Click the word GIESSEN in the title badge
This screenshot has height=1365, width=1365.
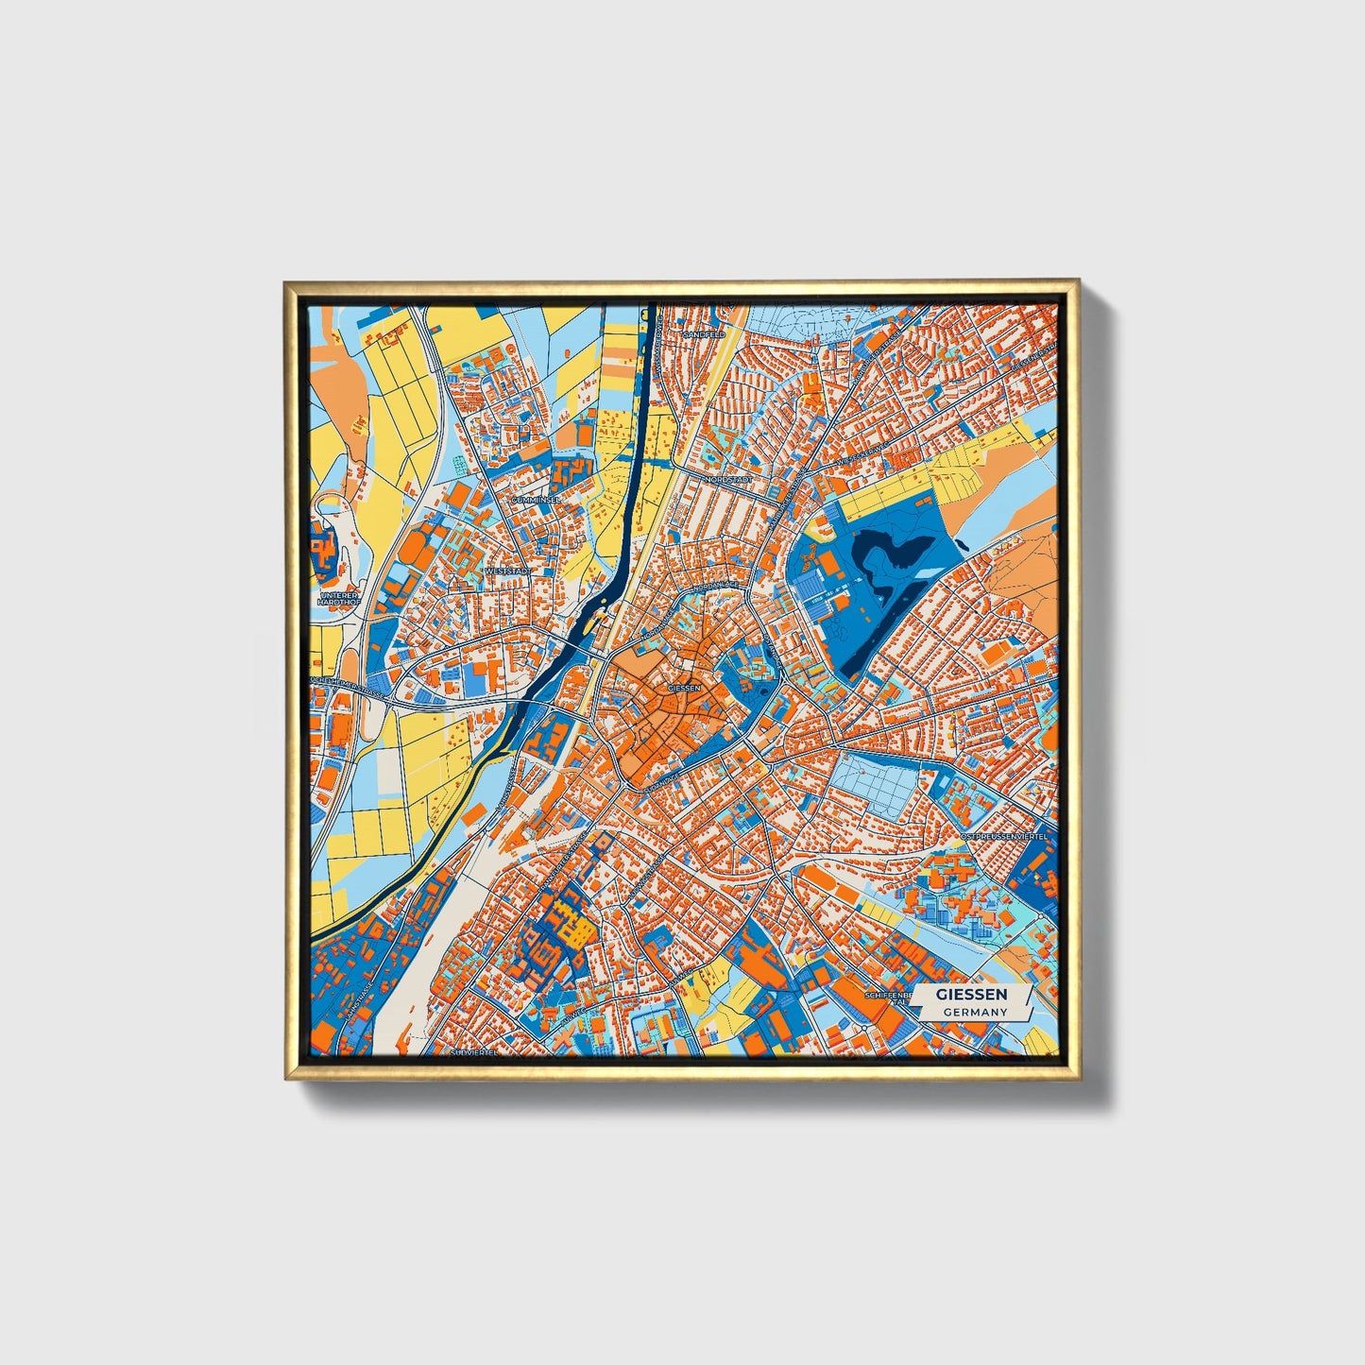(971, 995)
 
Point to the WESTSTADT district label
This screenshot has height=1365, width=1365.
(507, 572)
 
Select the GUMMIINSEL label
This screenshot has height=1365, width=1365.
(535, 499)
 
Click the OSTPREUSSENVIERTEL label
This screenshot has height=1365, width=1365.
(1003, 837)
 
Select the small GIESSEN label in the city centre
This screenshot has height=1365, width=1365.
(684, 689)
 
